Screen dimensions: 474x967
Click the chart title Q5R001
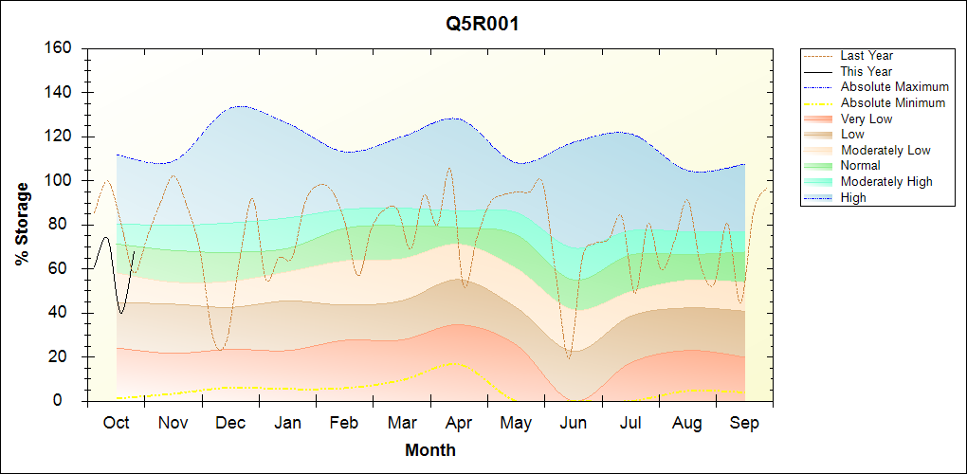pyautogui.click(x=483, y=24)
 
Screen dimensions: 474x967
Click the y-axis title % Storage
pyautogui.click(x=22, y=224)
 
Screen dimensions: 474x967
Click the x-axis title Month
pyautogui.click(x=429, y=450)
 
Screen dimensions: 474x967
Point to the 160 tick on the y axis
pyautogui.click(x=60, y=48)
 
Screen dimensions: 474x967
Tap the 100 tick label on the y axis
pyautogui.click(x=60, y=180)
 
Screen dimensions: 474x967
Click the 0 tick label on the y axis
pyautogui.click(x=67, y=401)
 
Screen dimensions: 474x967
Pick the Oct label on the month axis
pyautogui.click(x=116, y=423)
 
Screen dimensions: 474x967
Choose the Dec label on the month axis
pyautogui.click(x=230, y=423)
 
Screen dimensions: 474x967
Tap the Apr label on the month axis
pyautogui.click(x=460, y=423)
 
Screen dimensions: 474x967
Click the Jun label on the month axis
pyautogui.click(x=574, y=423)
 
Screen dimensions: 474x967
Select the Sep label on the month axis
pyautogui.click(x=744, y=423)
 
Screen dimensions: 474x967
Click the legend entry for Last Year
pyautogui.click(x=866, y=56)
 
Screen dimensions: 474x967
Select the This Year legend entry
pyautogui.click(x=866, y=71)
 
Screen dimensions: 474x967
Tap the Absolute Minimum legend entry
pyautogui.click(x=892, y=102)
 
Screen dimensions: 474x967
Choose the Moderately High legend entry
pyautogui.click(x=885, y=181)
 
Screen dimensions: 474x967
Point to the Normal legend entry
pyautogui.click(x=860, y=166)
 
